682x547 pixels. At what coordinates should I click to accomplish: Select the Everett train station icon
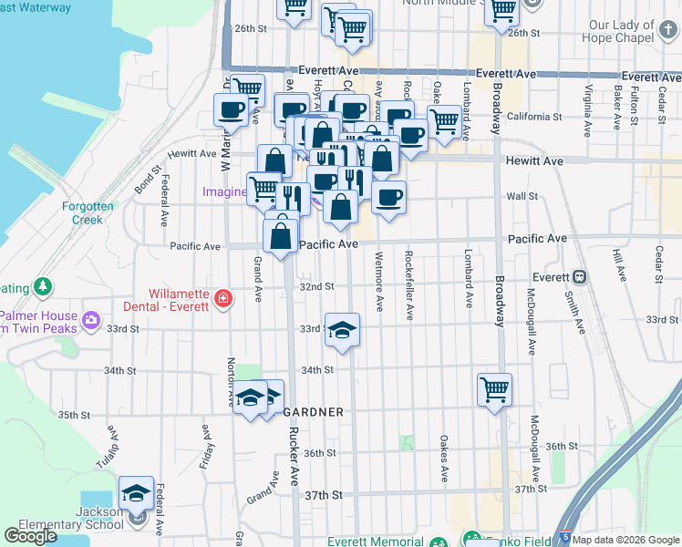[x=578, y=276]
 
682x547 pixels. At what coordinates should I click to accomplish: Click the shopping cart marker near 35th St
[x=494, y=390]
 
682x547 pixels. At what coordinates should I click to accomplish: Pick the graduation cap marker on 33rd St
[x=342, y=330]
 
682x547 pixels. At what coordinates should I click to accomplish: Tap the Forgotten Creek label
[x=88, y=212]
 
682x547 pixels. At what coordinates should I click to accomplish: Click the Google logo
[x=30, y=536]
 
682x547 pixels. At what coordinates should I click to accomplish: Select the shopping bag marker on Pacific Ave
[x=281, y=235]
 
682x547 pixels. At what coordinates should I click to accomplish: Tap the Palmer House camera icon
[x=90, y=319]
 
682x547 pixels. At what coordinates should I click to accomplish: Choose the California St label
[x=534, y=117]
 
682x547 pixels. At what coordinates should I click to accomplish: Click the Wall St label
[x=522, y=196]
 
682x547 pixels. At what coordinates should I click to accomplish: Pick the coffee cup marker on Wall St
[x=389, y=197]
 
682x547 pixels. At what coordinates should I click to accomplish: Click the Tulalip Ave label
[x=113, y=442]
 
